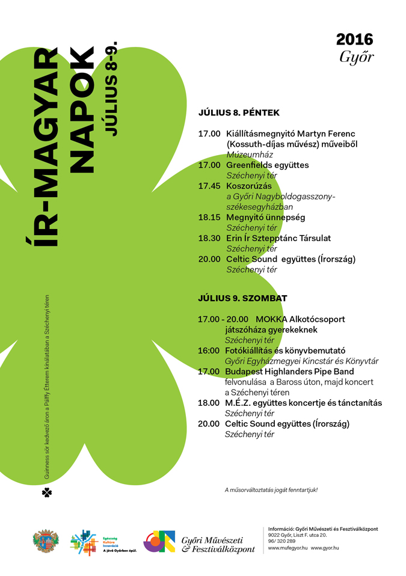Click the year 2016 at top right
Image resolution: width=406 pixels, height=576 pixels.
click(x=354, y=40)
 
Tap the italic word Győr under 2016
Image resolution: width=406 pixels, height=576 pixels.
click(x=356, y=58)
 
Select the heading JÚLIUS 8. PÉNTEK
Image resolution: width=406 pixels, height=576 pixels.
click(x=239, y=112)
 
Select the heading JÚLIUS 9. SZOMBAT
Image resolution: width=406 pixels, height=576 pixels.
click(x=242, y=298)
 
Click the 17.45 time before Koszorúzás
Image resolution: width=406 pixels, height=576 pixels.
click(x=209, y=186)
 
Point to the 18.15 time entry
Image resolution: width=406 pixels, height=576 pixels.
click(x=209, y=217)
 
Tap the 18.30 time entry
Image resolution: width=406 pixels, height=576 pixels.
click(x=209, y=238)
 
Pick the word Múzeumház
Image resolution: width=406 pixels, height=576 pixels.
click(x=245, y=155)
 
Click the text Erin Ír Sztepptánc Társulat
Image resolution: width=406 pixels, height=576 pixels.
click(x=278, y=238)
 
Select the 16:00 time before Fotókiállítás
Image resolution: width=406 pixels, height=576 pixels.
click(x=209, y=351)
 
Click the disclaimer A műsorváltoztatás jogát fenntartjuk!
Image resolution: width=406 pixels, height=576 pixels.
click(x=271, y=490)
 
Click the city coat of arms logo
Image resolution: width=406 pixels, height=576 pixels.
click(x=45, y=540)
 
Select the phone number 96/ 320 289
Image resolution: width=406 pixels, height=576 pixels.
click(x=281, y=541)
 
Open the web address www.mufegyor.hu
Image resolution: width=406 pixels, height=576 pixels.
click(x=288, y=548)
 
